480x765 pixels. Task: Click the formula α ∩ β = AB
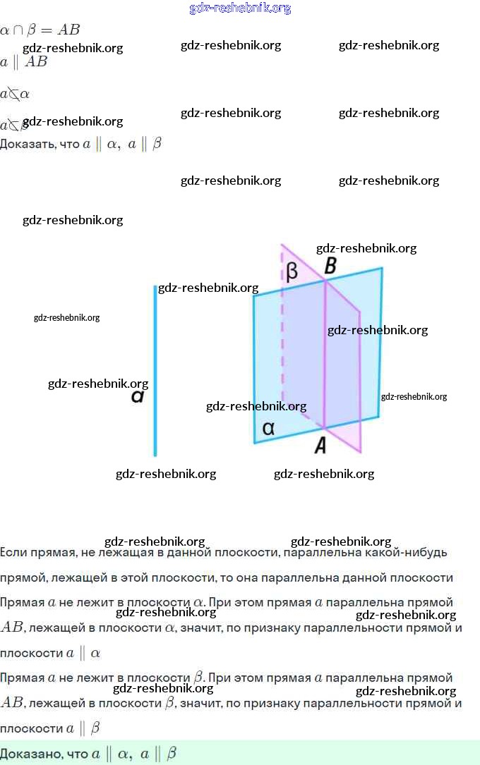coord(40,30)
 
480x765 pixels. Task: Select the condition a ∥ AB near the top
coord(24,61)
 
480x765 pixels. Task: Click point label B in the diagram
coord(330,267)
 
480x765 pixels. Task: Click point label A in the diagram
coord(320,445)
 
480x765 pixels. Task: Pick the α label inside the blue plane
coord(268,427)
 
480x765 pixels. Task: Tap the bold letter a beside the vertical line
coord(138,397)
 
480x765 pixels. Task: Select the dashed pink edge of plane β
coord(282,331)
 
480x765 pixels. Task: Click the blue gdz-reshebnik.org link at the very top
coord(240,8)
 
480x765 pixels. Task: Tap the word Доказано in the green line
coord(32,754)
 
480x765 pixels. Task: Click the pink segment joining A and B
coord(325,353)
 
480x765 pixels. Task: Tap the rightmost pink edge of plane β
coord(361,381)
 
